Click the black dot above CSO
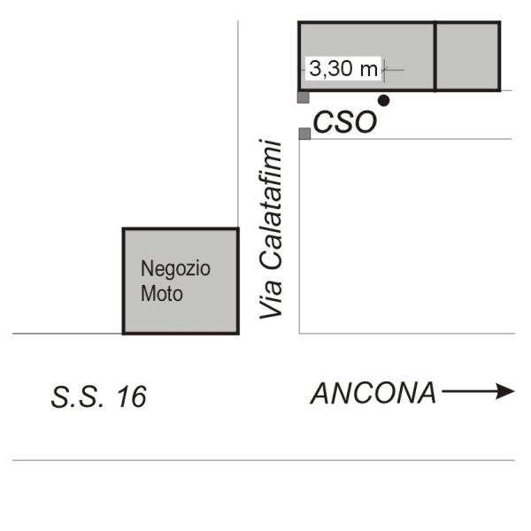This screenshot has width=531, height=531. click(383, 100)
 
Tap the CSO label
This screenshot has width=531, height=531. click(345, 122)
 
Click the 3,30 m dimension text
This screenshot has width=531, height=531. click(343, 68)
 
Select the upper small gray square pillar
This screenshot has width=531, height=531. click(304, 97)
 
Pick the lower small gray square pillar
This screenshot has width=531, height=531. click(304, 134)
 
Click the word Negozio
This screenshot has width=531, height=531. click(175, 269)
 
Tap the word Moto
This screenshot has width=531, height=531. click(162, 293)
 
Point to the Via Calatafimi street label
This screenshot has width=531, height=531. click(270, 229)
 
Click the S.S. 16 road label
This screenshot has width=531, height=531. click(98, 396)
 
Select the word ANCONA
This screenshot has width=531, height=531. click(373, 393)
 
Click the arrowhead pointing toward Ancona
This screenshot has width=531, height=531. click(505, 391)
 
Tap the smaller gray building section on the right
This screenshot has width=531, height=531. click(467, 57)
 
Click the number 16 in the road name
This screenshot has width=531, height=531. click(132, 396)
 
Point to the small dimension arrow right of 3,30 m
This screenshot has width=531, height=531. click(393, 70)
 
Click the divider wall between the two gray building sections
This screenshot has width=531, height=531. click(435, 57)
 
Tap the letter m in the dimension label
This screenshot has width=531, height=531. click(369, 70)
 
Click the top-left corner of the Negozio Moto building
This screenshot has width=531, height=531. click(124, 229)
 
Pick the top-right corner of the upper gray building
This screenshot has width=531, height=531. click(500, 22)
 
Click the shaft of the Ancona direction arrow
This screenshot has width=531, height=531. click(469, 391)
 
